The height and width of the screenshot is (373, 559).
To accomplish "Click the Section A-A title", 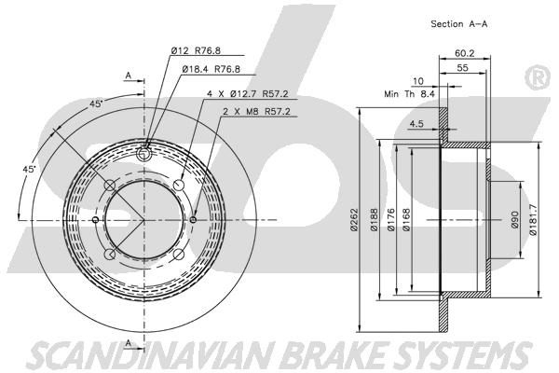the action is pyautogui.click(x=458, y=24).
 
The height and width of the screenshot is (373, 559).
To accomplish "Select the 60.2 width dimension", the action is pyautogui.click(x=465, y=53).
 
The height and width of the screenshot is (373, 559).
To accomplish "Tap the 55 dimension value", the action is pyautogui.click(x=462, y=68).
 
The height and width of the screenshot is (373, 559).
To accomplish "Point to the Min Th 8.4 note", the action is pyautogui.click(x=409, y=94).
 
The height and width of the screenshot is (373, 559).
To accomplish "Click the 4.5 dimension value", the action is pyautogui.click(x=416, y=124).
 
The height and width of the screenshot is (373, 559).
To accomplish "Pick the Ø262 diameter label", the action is pyautogui.click(x=354, y=219).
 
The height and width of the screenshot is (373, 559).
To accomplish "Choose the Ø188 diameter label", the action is pyautogui.click(x=374, y=219).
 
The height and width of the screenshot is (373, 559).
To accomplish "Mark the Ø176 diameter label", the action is pyautogui.click(x=391, y=219).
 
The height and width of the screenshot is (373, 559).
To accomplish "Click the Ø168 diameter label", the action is pyautogui.click(x=406, y=219).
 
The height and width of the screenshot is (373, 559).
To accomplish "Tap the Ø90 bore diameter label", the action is pyautogui.click(x=515, y=220).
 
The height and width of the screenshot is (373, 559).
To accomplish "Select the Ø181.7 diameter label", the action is pyautogui.click(x=533, y=219).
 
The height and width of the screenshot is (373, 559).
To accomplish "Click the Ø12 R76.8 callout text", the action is pyautogui.click(x=196, y=50).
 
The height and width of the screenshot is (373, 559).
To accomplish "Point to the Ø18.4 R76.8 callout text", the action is pyautogui.click(x=211, y=69).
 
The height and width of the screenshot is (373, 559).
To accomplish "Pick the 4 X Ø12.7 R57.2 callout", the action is pyautogui.click(x=248, y=94).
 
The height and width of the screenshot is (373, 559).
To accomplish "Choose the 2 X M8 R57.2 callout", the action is pyautogui.click(x=257, y=111).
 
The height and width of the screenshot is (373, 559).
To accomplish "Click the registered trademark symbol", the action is pyautogui.click(x=538, y=77).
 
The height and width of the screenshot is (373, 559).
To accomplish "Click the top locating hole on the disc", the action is pyautogui.click(x=143, y=154).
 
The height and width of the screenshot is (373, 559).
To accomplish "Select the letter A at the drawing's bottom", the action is pyautogui.click(x=129, y=342).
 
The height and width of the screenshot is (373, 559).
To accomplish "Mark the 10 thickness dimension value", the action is pyautogui.click(x=417, y=81).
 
